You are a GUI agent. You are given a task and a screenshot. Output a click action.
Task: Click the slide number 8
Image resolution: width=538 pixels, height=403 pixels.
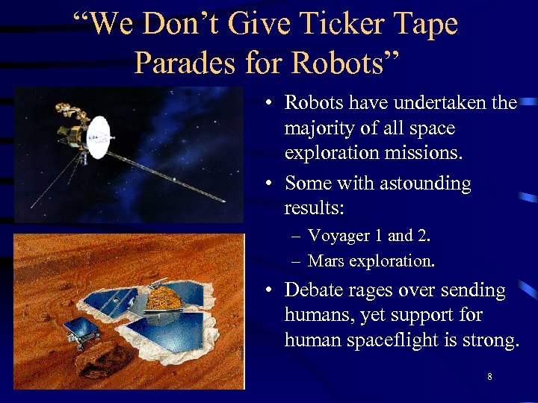(x=489, y=377)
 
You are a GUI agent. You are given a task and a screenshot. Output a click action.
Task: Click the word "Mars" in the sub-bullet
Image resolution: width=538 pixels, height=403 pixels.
(x=326, y=261)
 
